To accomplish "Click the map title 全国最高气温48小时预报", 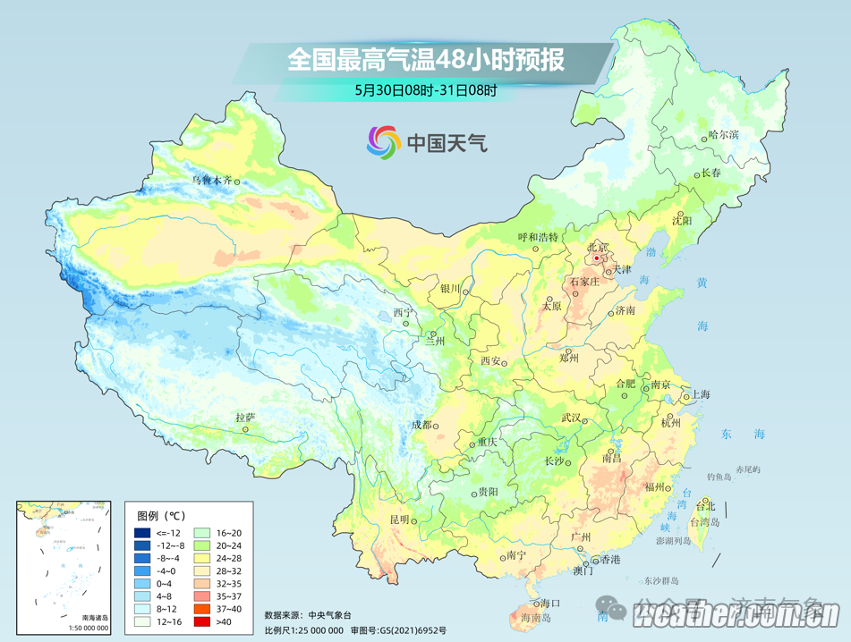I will pyautogui.click(x=425, y=61).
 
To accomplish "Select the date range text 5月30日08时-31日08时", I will pyautogui.click(x=425, y=89).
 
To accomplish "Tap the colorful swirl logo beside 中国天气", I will pyautogui.click(x=383, y=142).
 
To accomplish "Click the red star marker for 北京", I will pyautogui.click(x=597, y=258).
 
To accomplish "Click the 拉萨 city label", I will pyautogui.click(x=245, y=418).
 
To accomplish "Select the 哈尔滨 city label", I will pyautogui.click(x=723, y=134).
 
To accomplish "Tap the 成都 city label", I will pyautogui.click(x=420, y=425).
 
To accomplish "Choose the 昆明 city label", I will pyautogui.click(x=398, y=520).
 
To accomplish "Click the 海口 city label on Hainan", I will pyautogui.click(x=550, y=604).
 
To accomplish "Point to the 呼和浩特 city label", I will pyautogui.click(x=538, y=237).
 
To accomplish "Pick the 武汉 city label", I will pyautogui.click(x=571, y=418).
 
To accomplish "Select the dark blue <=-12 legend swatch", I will pyautogui.click(x=142, y=532).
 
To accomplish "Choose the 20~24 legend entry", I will pyautogui.click(x=230, y=545).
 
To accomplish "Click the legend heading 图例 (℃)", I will pyautogui.click(x=161, y=515).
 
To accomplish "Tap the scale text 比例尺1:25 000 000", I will pyautogui.click(x=303, y=629).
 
